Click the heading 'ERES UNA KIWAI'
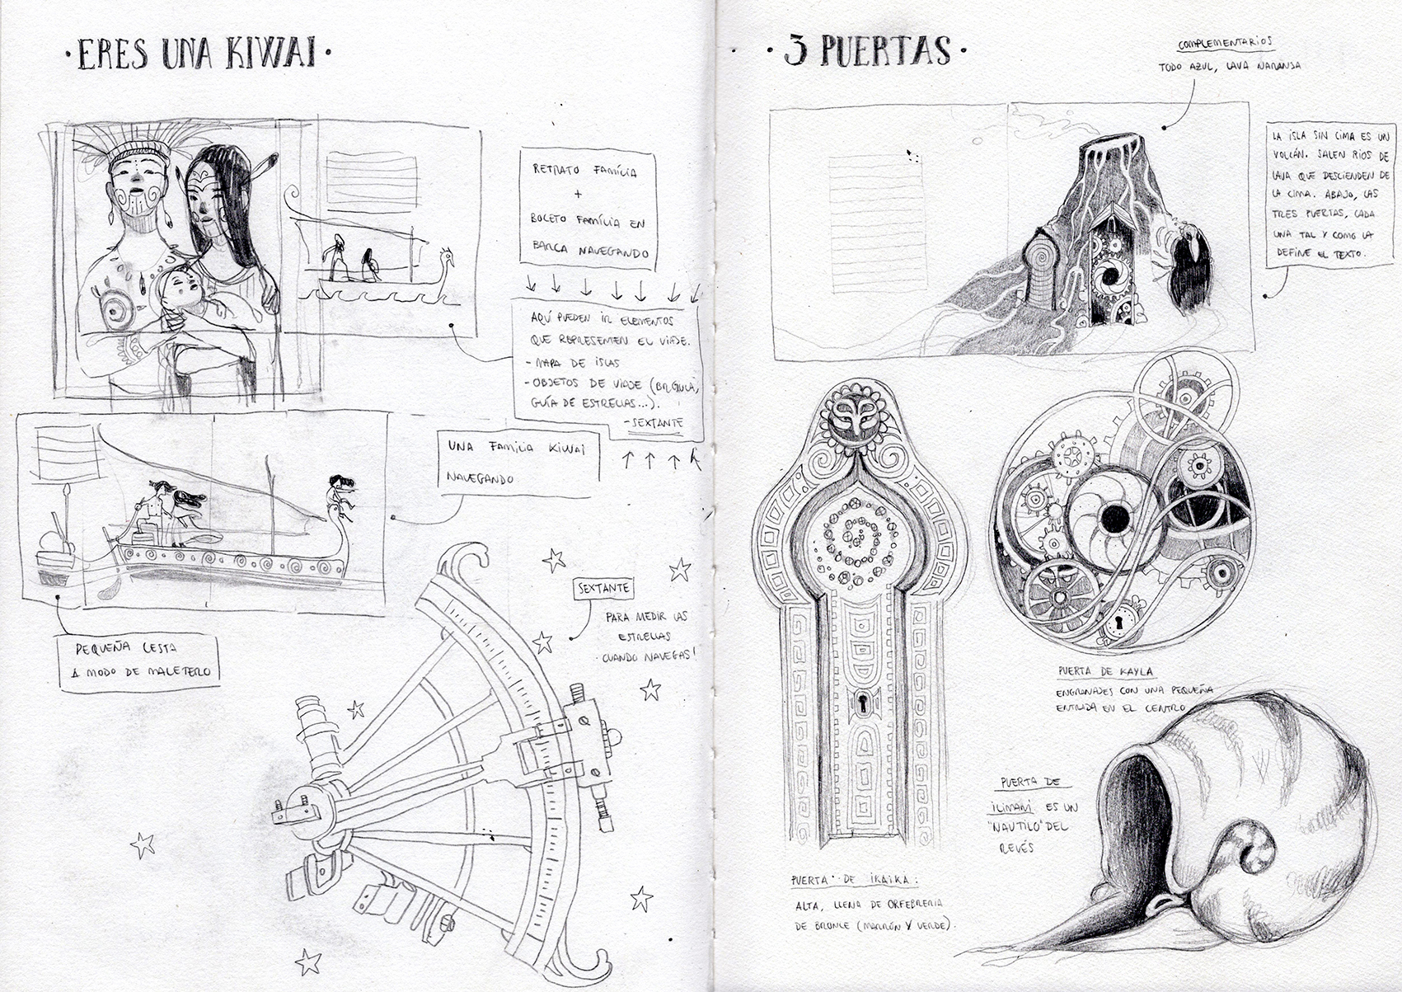pos(198,54)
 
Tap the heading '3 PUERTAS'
pos(865,51)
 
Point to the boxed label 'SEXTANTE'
pos(604,589)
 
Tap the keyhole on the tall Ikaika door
pos(862,703)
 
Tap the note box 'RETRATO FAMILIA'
pos(587,210)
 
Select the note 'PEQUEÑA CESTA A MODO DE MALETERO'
pos(138,661)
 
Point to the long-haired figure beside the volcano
pos(1190,268)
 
